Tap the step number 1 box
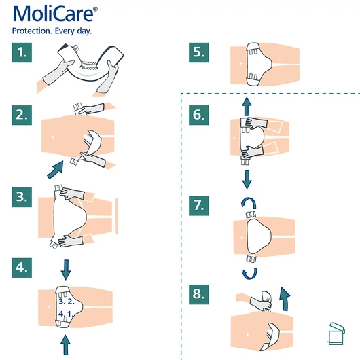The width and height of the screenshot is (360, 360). coord(24,52)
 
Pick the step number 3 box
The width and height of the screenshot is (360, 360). coord(24,197)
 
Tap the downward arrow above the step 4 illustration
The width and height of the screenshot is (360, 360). coord(65,270)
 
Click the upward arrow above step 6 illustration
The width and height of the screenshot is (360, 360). coord(247,103)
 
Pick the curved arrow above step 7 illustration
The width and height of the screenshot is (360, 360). coord(248,204)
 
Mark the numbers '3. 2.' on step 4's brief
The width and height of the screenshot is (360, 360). coord(66,301)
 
